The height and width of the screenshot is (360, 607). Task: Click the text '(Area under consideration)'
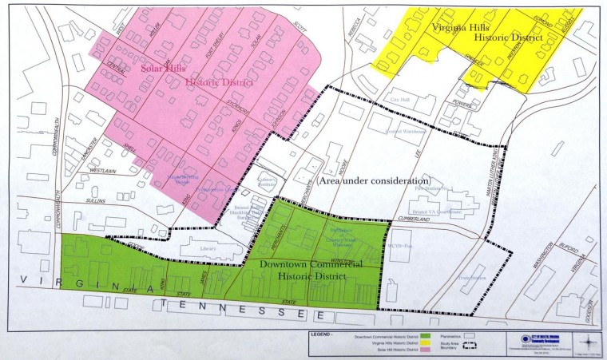375,181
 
